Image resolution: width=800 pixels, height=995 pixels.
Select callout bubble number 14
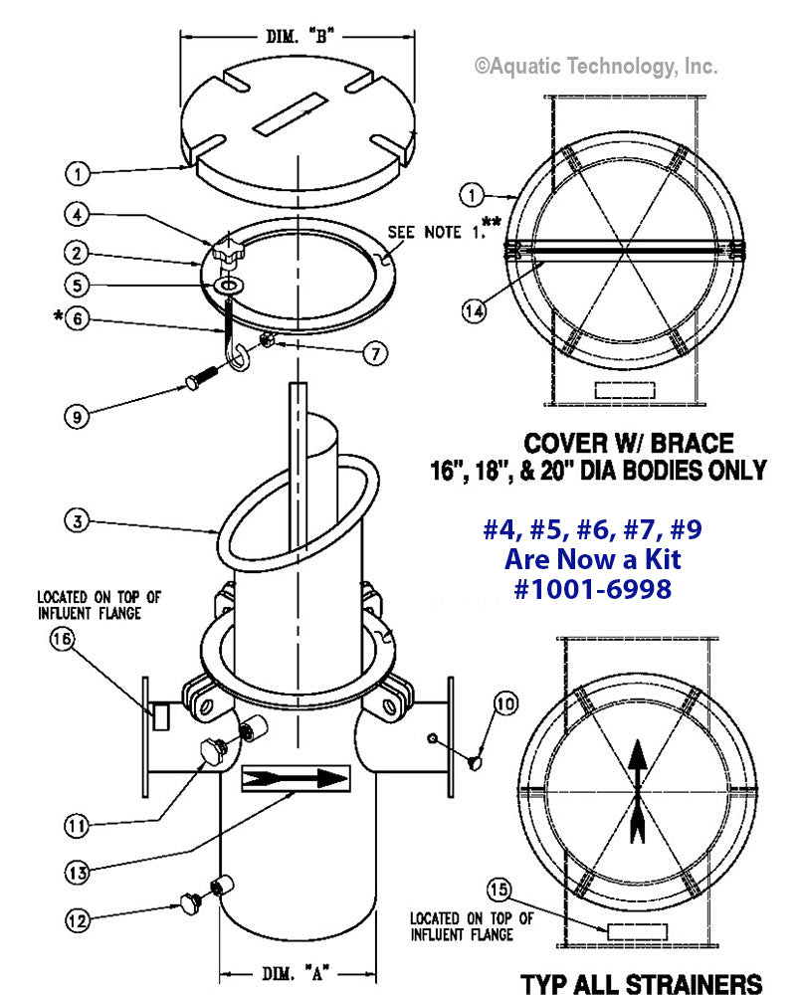point(476,310)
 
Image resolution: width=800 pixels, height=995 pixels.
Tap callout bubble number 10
point(506,703)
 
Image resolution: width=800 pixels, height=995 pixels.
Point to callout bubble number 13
point(79,872)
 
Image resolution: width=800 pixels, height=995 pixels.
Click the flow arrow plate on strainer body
point(296,777)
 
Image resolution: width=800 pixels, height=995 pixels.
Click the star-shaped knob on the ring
point(226,253)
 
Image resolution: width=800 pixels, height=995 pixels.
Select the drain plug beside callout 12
point(189,901)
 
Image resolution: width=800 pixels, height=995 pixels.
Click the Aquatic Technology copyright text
point(595,66)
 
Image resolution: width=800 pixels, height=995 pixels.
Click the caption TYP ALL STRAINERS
point(642,981)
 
